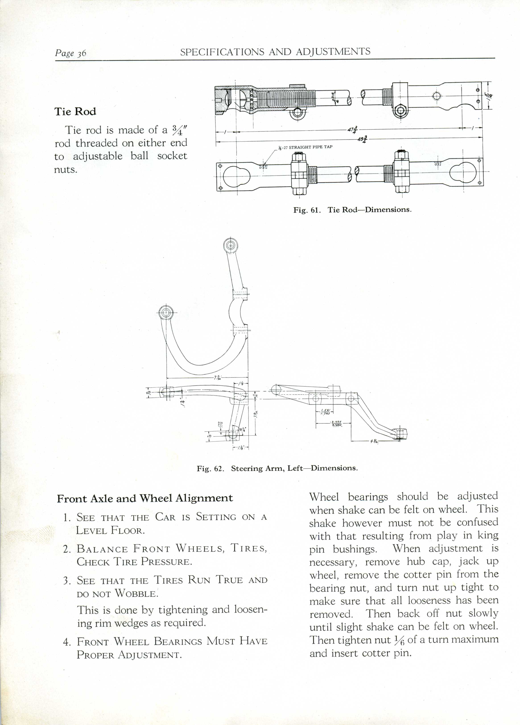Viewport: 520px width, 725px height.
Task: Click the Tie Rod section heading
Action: pyautogui.click(x=75, y=112)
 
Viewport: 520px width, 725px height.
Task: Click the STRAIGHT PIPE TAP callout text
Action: pyautogui.click(x=310, y=147)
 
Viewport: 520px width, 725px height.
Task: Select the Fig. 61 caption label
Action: pyautogui.click(x=306, y=210)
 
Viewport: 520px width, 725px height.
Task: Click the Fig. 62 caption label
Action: pyautogui.click(x=209, y=469)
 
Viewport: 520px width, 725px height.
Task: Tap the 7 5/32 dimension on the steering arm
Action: pyautogui.click(x=218, y=378)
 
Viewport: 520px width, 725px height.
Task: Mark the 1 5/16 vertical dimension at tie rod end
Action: pyautogui.click(x=489, y=95)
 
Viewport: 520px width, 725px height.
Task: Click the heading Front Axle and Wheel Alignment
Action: pyautogui.click(x=145, y=498)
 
